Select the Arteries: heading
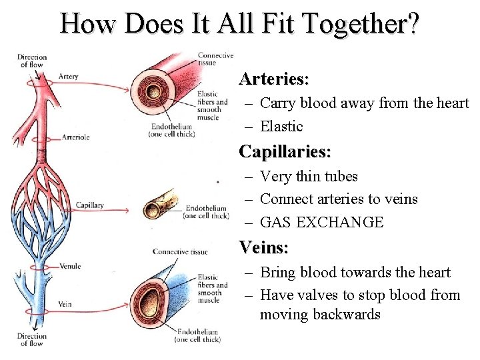[x=274, y=79]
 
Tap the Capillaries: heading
[x=285, y=151]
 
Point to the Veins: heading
[x=263, y=248]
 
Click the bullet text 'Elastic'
[x=281, y=126]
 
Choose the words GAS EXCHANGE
[x=322, y=222]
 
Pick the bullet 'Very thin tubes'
[x=309, y=177]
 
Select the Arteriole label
[x=75, y=137]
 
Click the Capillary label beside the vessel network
[x=89, y=205]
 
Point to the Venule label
[x=70, y=266]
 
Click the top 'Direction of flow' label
[x=32, y=61]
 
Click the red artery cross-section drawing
[x=157, y=87]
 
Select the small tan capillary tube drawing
[x=159, y=203]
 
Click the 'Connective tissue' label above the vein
[x=180, y=252]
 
